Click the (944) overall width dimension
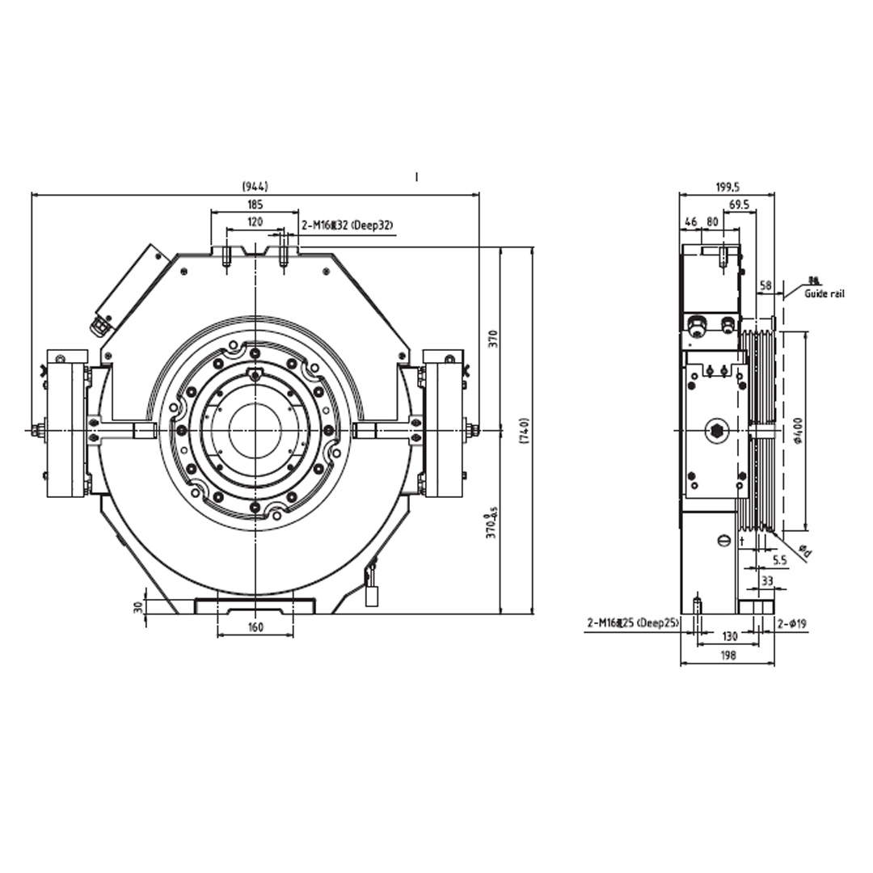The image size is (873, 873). point(255,187)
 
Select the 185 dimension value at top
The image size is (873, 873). point(255,205)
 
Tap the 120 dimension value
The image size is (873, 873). point(255,221)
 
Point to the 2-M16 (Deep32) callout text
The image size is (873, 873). point(347,226)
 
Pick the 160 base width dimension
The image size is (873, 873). point(255,627)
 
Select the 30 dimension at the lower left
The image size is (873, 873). point(137,606)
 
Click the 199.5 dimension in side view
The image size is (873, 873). point(727,187)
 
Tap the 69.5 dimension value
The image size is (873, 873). point(738,205)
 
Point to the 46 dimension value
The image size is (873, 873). point(690,221)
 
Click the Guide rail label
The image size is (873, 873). point(824,293)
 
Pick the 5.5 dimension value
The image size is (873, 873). point(779,559)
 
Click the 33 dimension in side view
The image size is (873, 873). point(768,580)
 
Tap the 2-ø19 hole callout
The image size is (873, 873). point(791,623)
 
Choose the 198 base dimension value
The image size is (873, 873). point(727,656)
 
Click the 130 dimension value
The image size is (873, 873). point(729,637)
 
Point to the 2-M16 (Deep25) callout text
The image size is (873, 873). point(633,623)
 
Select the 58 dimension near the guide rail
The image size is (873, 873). point(765,285)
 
